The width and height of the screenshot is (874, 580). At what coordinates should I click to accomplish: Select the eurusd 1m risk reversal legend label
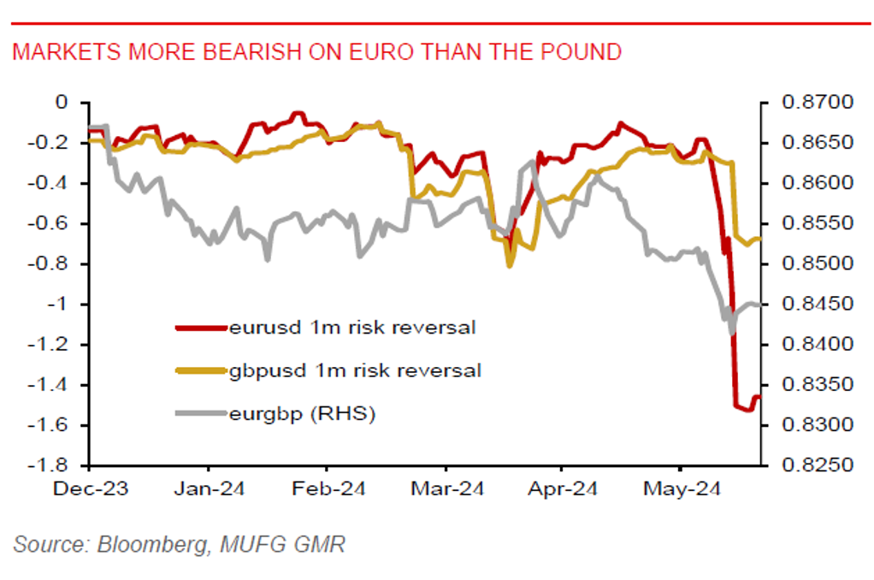point(351,327)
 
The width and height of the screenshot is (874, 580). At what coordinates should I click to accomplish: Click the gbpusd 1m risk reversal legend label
point(355,370)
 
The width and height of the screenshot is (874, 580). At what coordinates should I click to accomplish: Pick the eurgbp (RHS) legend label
point(303,414)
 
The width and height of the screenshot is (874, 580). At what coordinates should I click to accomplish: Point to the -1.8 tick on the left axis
point(50,467)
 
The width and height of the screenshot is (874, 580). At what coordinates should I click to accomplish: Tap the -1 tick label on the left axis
point(56,305)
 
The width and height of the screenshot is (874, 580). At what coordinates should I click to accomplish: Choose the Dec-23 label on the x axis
point(90,489)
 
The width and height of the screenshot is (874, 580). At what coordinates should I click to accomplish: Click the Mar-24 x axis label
point(446,489)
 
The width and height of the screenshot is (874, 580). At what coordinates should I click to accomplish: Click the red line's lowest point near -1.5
point(746,410)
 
